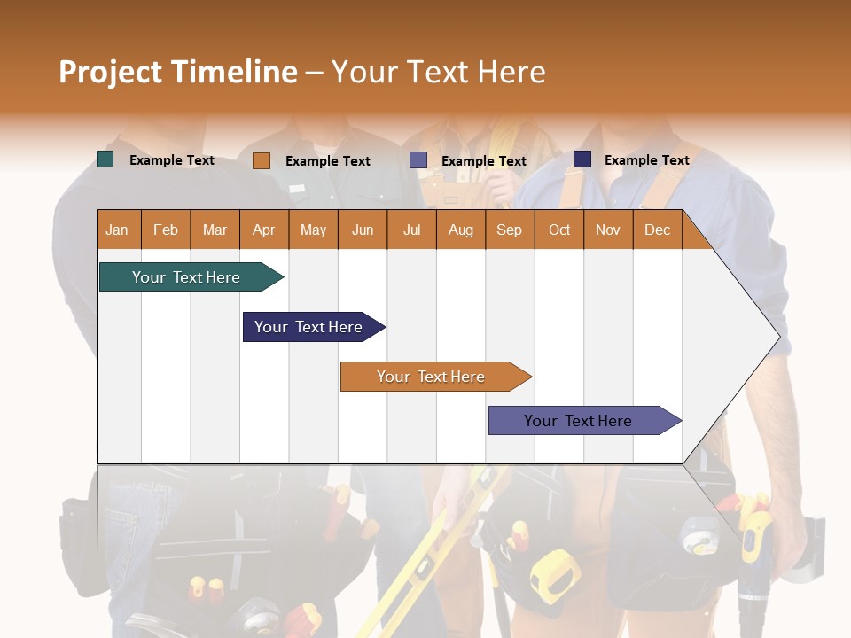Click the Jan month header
[x=117, y=230]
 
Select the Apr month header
[x=264, y=230]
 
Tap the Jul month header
[x=411, y=230]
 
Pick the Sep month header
[x=509, y=230]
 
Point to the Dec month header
[x=657, y=230]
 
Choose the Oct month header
[x=559, y=230]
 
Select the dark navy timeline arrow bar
[x=310, y=327]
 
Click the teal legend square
[x=105, y=159]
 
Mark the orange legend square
[x=262, y=160]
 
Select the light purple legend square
[x=418, y=160]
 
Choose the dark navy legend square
[x=582, y=159]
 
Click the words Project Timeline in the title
[x=177, y=72]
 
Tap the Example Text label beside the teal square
[x=172, y=160]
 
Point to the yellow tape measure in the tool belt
[x=555, y=573]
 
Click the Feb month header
[x=166, y=230]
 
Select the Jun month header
[x=363, y=230]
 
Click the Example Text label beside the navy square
[x=647, y=160]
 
